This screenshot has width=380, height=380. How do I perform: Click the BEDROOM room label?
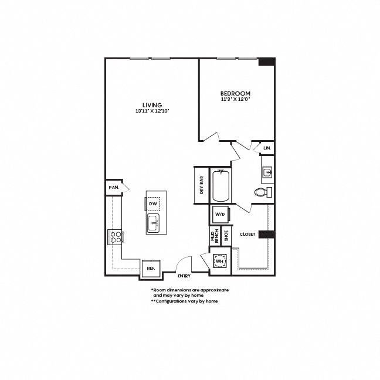coord(235,93)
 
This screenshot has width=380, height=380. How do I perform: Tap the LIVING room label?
coord(152,105)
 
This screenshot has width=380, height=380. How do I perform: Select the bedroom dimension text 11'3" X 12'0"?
coord(235,99)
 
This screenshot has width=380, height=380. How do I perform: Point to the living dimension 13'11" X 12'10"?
coord(152,111)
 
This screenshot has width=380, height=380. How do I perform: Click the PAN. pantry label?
coord(114,187)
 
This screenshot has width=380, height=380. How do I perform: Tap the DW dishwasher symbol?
coord(153,203)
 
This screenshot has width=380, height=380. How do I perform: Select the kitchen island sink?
coord(153,223)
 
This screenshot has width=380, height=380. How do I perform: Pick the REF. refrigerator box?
coord(151,269)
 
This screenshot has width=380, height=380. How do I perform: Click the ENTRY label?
coord(184,276)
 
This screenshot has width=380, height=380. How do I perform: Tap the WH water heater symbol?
coord(219,261)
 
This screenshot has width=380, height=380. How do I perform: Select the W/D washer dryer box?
coord(220,215)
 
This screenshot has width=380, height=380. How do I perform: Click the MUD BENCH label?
coord(215,236)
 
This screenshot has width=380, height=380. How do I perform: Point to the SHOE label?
coord(226,236)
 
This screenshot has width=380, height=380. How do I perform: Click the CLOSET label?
coord(247,235)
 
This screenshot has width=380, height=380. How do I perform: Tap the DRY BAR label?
coord(201,185)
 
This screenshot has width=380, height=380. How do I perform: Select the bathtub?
coord(221,186)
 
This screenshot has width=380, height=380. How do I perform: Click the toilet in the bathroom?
coord(263,192)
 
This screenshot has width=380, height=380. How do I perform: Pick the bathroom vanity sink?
coord(267,172)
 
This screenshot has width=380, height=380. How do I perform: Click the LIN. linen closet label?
coord(267,148)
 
